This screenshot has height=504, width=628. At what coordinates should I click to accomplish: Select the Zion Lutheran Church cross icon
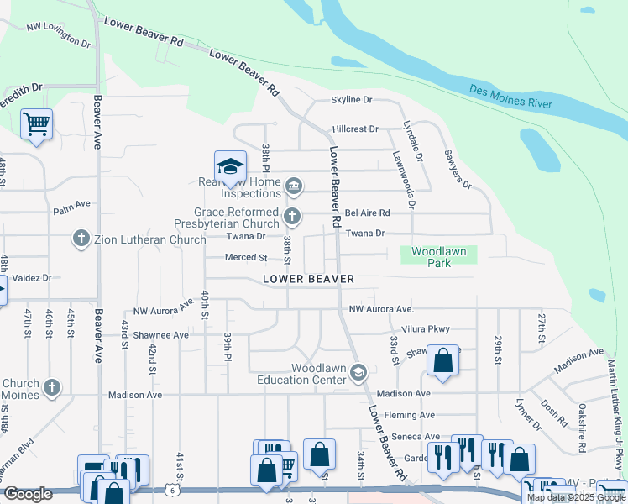click(81, 239)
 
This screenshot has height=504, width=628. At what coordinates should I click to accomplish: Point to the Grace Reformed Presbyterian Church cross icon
click(292, 217)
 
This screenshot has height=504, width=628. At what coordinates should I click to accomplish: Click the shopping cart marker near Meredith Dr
click(36, 125)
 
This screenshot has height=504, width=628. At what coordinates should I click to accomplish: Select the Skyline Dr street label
click(351, 100)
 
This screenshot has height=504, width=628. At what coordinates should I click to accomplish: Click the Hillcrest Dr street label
click(355, 129)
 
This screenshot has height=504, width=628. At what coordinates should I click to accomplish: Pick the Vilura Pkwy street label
click(426, 329)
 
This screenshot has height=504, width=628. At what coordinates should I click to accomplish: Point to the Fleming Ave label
click(410, 415)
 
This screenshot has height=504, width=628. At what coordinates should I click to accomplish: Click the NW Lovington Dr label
click(58, 34)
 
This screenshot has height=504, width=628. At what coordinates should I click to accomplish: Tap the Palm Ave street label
click(71, 204)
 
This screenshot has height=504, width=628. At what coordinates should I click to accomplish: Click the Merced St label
click(245, 258)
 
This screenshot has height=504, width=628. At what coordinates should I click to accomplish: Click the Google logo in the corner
click(28, 494)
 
